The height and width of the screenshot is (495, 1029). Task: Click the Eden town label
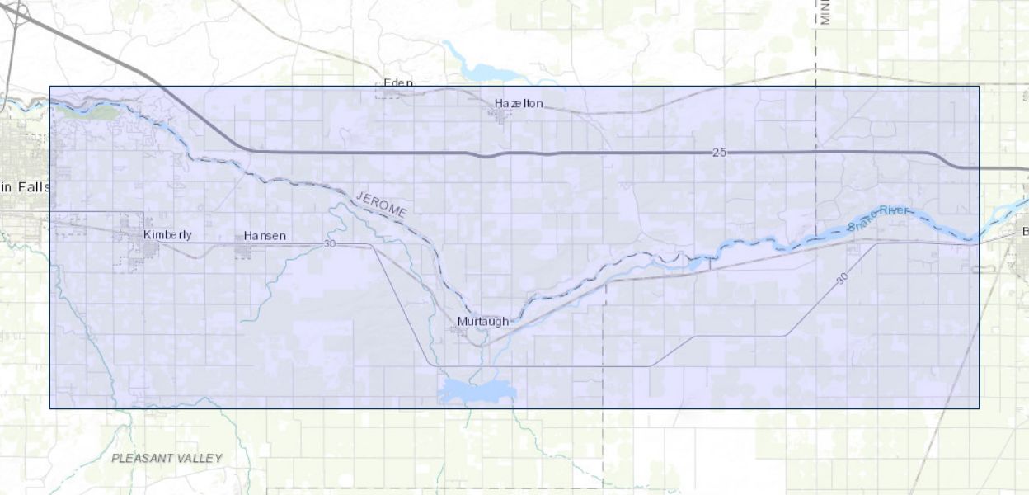(398, 83)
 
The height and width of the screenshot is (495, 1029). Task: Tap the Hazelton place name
(519, 103)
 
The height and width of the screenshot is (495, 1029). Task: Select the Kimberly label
(167, 234)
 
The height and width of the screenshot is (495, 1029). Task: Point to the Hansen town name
(265, 236)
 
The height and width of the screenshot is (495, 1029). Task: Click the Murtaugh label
(482, 321)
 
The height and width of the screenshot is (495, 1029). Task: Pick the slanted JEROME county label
(381, 204)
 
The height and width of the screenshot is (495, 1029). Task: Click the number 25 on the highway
(720, 153)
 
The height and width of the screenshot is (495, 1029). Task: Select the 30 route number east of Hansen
(331, 244)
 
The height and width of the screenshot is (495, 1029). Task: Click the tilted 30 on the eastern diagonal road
(841, 280)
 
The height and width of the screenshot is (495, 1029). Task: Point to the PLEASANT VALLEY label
(167, 458)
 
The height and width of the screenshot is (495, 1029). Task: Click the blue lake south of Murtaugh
(477, 390)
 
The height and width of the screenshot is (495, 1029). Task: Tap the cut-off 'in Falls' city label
(25, 187)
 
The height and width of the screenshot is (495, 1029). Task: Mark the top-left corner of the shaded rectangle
(49, 87)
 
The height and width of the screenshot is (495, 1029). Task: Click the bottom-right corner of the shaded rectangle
(980, 408)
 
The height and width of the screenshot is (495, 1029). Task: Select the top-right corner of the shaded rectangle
(980, 87)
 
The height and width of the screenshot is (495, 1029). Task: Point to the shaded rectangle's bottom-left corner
(49, 408)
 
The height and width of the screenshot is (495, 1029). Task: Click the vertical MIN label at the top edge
(825, 12)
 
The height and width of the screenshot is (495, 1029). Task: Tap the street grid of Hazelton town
(501, 115)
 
